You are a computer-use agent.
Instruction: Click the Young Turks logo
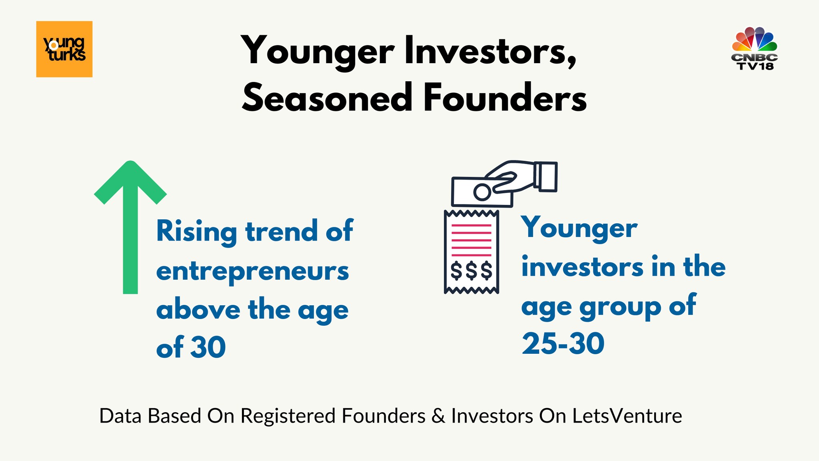tap(64, 49)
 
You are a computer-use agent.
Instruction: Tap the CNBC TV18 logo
tap(754, 48)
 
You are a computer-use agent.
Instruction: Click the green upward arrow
tap(130, 227)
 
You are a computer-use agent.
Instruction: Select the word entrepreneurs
tap(253, 272)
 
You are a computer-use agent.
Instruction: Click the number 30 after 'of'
tap(208, 347)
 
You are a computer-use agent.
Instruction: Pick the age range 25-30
tap(563, 344)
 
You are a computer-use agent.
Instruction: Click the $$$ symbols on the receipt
tap(471, 271)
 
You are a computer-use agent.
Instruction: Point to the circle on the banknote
tap(482, 192)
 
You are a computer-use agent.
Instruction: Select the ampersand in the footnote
tap(438, 416)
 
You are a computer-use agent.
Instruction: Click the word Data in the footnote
tap(120, 416)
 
